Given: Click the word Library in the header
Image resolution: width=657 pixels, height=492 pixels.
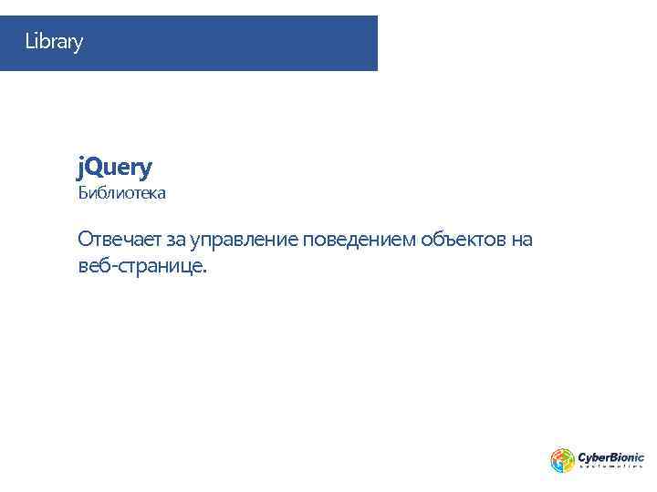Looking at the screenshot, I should (54, 42).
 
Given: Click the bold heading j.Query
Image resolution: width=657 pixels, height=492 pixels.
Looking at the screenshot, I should (115, 168).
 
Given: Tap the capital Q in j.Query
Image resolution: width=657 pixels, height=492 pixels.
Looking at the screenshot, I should (99, 168).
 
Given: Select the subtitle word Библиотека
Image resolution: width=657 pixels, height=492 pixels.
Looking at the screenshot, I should (121, 194).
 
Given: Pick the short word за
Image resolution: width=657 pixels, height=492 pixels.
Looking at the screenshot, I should (176, 241).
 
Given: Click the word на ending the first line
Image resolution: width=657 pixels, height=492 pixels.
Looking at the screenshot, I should (522, 241).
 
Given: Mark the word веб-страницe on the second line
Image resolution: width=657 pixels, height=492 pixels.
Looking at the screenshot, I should (141, 267).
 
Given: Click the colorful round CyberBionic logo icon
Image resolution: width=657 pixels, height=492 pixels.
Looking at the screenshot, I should (562, 460).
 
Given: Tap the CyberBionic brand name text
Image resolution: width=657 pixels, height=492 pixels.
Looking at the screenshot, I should (611, 456).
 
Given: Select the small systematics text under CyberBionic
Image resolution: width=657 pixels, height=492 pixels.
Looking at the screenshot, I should (611, 466).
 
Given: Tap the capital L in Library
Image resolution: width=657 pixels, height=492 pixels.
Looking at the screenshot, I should (29, 42).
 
